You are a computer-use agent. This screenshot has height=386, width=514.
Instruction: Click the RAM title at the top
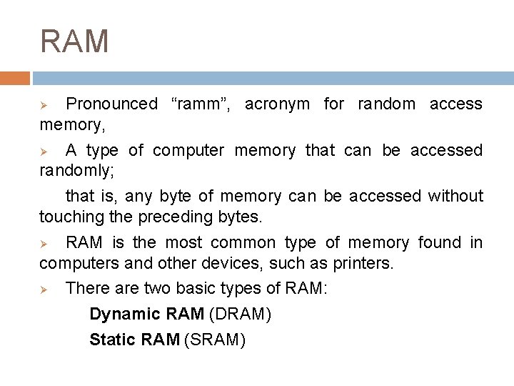tap(74, 41)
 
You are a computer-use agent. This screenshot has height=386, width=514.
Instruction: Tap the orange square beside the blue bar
tap(15, 78)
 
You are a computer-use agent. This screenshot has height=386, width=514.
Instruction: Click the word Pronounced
tap(111, 104)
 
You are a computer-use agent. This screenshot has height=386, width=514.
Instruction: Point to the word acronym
tap(277, 104)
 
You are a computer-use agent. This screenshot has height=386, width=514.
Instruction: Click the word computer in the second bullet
tap(188, 151)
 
